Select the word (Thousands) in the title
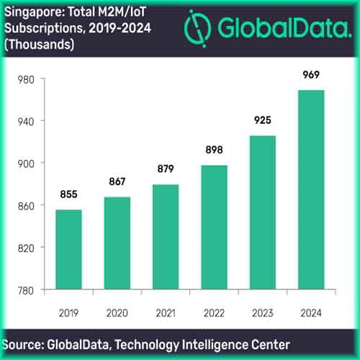coord(40,43)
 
